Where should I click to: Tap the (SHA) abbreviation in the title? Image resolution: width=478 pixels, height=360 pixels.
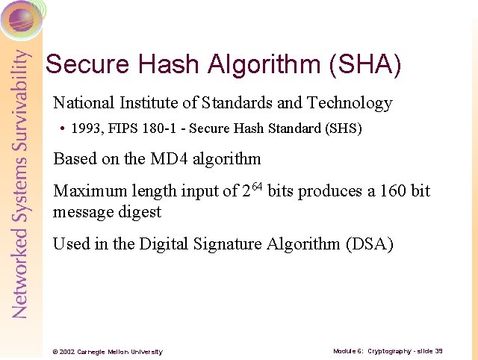click(x=365, y=65)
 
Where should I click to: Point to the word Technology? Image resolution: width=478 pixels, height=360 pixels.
click(x=350, y=103)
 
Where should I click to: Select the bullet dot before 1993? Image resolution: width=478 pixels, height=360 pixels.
click(x=63, y=129)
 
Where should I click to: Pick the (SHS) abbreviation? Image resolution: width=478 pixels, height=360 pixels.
click(x=344, y=128)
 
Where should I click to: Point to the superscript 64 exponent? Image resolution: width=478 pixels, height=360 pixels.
click(x=257, y=185)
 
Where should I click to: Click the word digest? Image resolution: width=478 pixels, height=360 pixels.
click(x=138, y=211)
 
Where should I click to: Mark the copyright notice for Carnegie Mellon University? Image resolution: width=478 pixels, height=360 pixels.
click(x=104, y=352)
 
